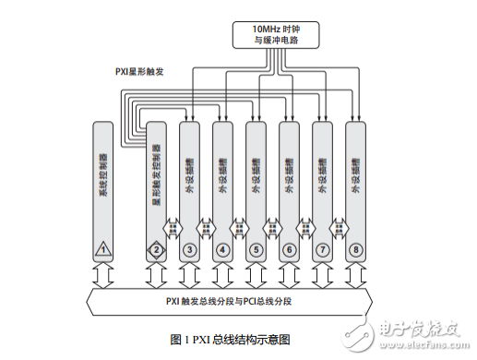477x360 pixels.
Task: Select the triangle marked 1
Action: pyautogui.click(x=104, y=248)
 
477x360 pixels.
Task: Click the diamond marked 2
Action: pyautogui.click(x=156, y=248)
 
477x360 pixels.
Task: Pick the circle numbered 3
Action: pyautogui.click(x=189, y=248)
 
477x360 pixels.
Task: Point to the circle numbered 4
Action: pyautogui.click(x=222, y=248)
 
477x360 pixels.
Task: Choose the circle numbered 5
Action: pyautogui.click(x=256, y=248)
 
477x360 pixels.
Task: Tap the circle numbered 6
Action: pyautogui.click(x=289, y=248)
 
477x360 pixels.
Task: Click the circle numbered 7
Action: pyautogui.click(x=322, y=248)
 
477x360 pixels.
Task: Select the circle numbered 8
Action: pyautogui.click(x=355, y=248)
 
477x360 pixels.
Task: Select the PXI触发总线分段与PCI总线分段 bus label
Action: pyautogui.click(x=233, y=302)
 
